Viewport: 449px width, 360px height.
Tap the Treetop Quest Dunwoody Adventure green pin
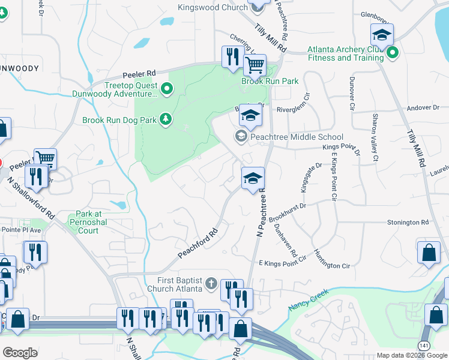pos(167,91)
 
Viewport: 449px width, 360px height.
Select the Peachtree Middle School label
pos(297,137)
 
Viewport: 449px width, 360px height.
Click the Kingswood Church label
pos(212,7)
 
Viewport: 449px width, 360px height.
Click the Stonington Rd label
pos(408,222)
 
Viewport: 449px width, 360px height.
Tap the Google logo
pos(20,353)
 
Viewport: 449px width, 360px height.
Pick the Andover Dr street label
pos(423,108)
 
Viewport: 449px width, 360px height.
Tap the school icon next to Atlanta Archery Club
pos(382,34)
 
